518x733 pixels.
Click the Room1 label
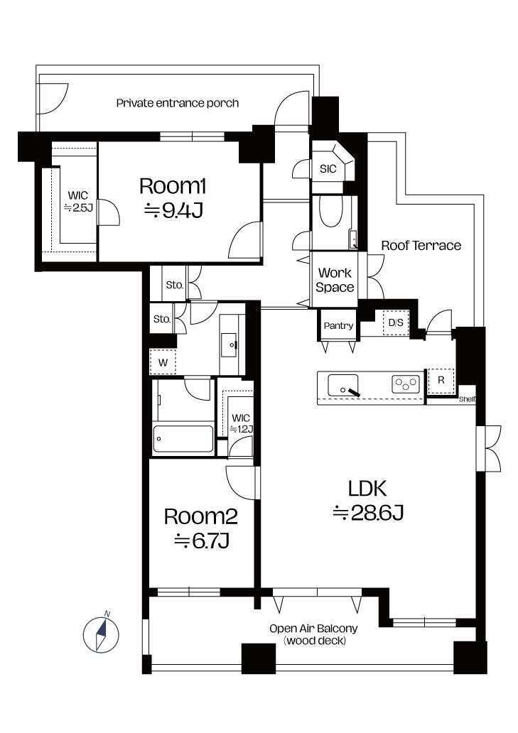(173, 186)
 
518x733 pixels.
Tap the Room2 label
(201, 516)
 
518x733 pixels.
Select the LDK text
(367, 489)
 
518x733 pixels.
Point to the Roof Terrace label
(421, 246)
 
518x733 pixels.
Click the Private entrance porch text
(178, 103)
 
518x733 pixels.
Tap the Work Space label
(335, 280)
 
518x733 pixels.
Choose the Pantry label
(338, 326)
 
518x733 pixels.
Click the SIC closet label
(328, 169)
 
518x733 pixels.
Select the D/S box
(396, 322)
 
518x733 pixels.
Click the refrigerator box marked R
(441, 381)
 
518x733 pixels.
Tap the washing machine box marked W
(163, 362)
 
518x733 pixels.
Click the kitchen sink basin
(343, 385)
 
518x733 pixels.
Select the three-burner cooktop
(405, 384)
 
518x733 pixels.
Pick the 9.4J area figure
(173, 211)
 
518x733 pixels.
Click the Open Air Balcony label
(313, 629)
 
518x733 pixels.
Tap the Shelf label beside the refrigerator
(467, 399)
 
